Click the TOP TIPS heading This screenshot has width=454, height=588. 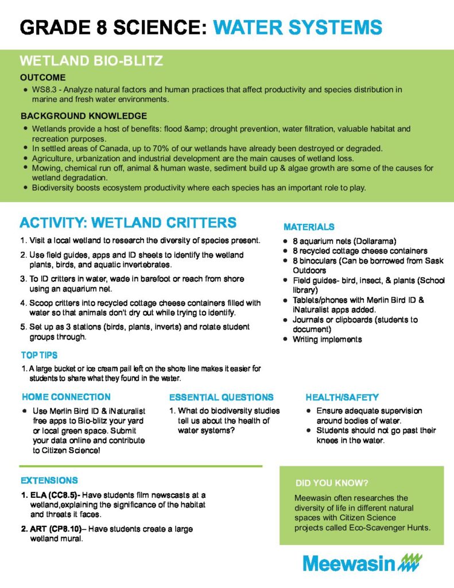tap(39, 355)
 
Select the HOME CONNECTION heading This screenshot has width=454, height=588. tap(66, 397)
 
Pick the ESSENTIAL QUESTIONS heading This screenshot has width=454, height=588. tap(221, 397)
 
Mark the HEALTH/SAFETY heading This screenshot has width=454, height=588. tap(342, 397)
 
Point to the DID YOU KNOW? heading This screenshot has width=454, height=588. tap(331, 482)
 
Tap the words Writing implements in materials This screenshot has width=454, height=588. tap(327, 339)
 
